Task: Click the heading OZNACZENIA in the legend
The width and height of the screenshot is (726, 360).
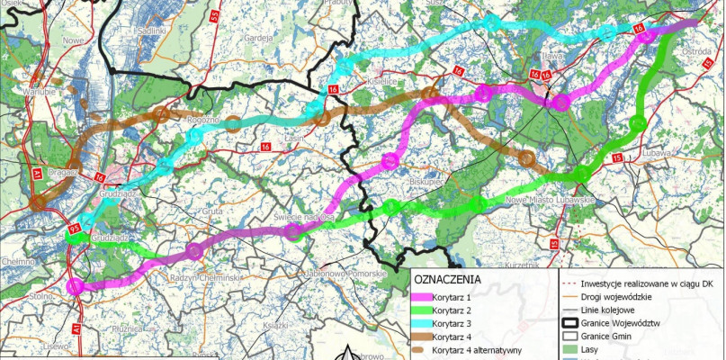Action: coord(448,279)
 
